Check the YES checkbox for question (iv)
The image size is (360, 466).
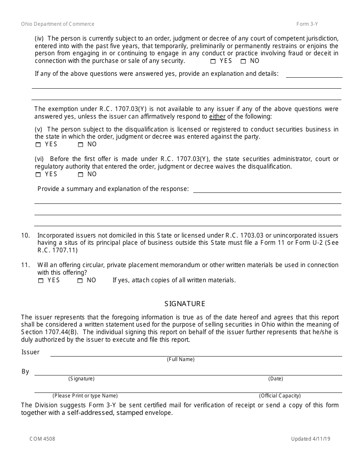[x=213, y=61]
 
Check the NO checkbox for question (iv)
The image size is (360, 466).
[x=243, y=61]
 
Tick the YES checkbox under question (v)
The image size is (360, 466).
[x=38, y=145]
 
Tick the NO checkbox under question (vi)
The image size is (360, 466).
[x=80, y=175]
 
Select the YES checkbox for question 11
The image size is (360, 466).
[x=41, y=281]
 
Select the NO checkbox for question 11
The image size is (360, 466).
[x=80, y=281]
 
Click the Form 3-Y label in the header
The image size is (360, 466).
[x=307, y=24]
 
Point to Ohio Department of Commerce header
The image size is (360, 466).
[x=58, y=24]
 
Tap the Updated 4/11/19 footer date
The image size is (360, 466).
[x=311, y=439]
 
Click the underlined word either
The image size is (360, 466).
[x=217, y=117]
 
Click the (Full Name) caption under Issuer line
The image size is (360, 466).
[x=180, y=359]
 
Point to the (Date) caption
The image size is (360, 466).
[x=275, y=378]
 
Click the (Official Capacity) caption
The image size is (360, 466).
[x=280, y=396]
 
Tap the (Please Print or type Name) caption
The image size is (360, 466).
[x=85, y=396]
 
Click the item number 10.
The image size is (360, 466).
[x=25, y=235]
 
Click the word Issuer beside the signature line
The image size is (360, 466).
[x=30, y=352]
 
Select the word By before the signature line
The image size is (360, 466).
[x=25, y=371]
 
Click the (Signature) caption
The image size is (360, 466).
[x=81, y=378]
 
